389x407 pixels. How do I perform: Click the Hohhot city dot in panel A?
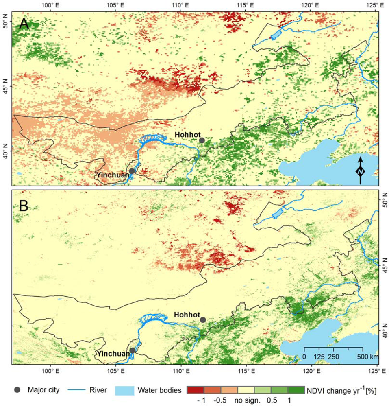pyautogui.click(x=202, y=140)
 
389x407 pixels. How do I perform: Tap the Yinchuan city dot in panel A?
pyautogui.click(x=132, y=171)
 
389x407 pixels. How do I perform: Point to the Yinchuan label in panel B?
pyautogui.click(x=113, y=354)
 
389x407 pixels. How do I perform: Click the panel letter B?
pyautogui.click(x=24, y=206)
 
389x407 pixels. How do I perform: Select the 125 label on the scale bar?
pyautogui.click(x=319, y=357)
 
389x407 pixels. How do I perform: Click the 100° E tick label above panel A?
pyautogui.click(x=49, y=5)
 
